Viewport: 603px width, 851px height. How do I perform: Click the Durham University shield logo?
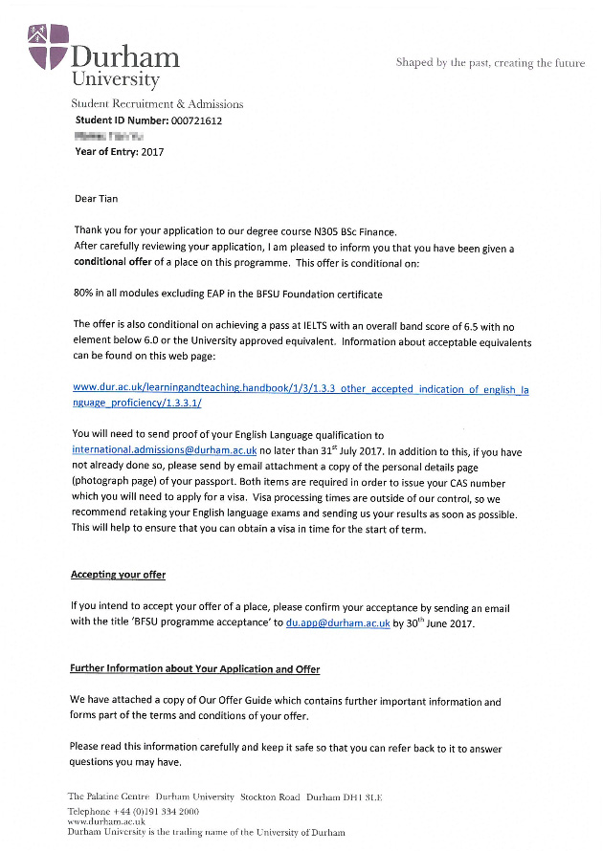(x=48, y=48)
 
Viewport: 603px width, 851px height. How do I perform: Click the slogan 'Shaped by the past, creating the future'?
(x=490, y=63)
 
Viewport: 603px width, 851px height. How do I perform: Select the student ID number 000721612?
(x=196, y=120)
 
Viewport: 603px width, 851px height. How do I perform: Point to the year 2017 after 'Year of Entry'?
(x=152, y=152)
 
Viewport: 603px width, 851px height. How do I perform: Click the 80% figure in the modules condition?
(x=85, y=294)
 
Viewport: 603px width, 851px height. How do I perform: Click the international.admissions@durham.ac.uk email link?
(x=164, y=449)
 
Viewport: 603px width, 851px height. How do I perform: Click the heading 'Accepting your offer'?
(x=118, y=575)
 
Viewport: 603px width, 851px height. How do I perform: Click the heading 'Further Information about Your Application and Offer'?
(x=194, y=669)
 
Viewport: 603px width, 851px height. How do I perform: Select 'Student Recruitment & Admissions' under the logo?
(x=157, y=103)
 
